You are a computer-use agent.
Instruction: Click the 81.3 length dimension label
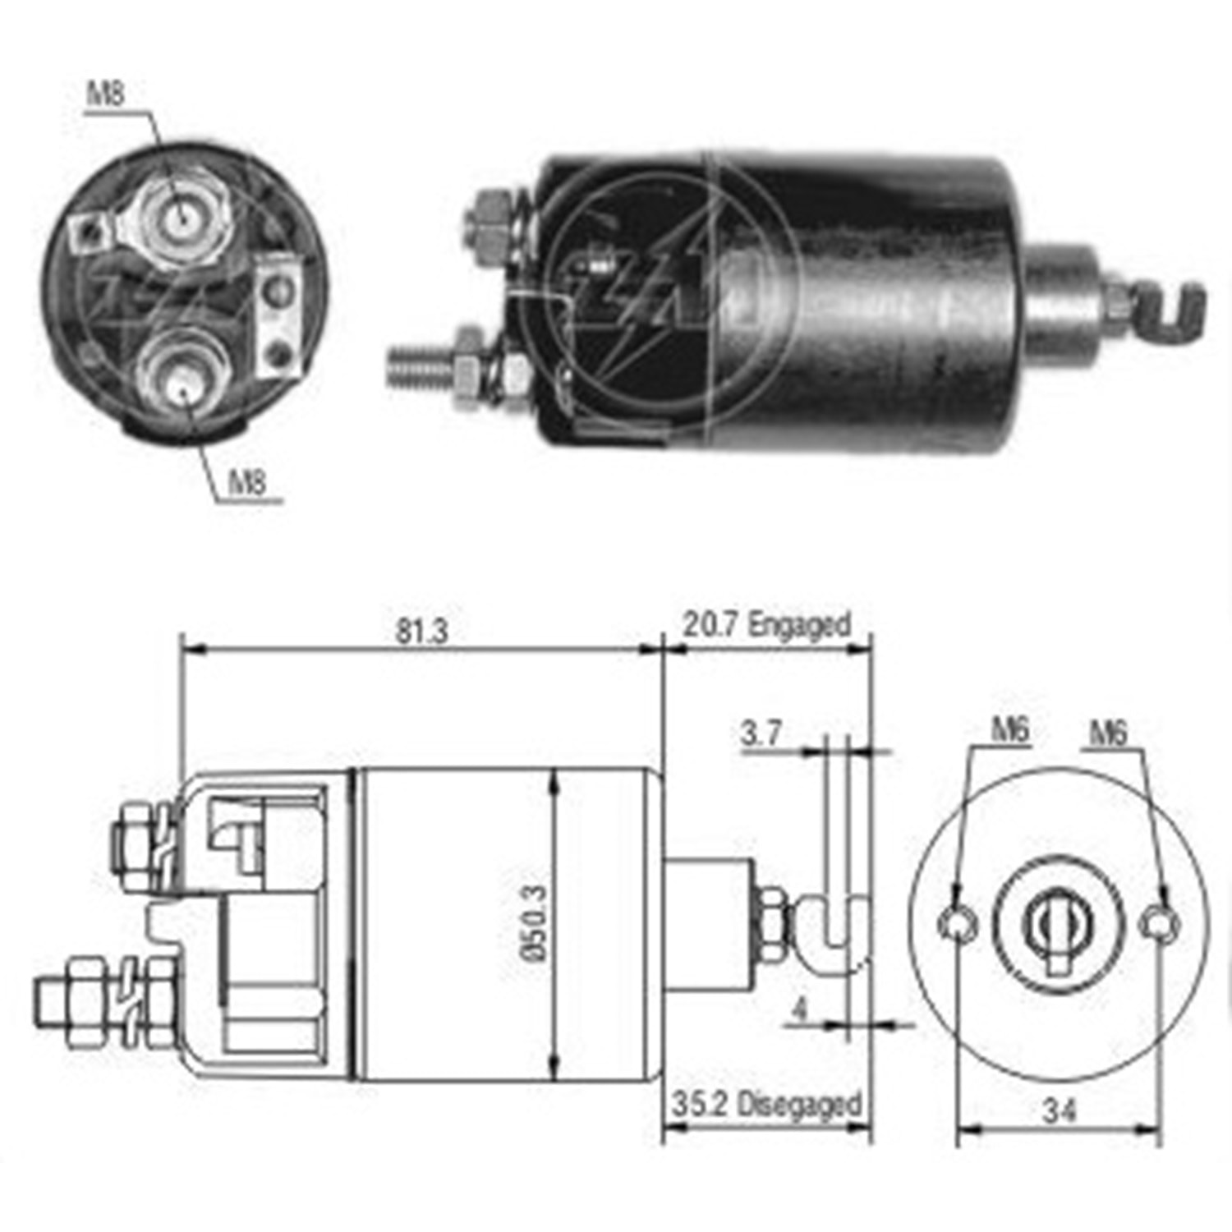coord(421,631)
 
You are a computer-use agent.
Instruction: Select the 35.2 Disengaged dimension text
coord(766,1104)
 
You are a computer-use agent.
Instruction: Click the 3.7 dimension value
coord(761,733)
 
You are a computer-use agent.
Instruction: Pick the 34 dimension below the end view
coord(1059,1111)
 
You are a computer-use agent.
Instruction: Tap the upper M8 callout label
coord(106,94)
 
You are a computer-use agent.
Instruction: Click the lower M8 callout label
coord(247,481)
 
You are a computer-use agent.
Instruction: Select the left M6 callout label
coord(1009,729)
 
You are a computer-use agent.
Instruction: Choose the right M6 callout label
coord(1108,732)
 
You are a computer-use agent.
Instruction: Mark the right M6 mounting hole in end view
coord(1159,923)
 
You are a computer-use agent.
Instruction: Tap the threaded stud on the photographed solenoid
coord(419,366)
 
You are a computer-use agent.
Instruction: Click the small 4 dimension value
coord(799,1009)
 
